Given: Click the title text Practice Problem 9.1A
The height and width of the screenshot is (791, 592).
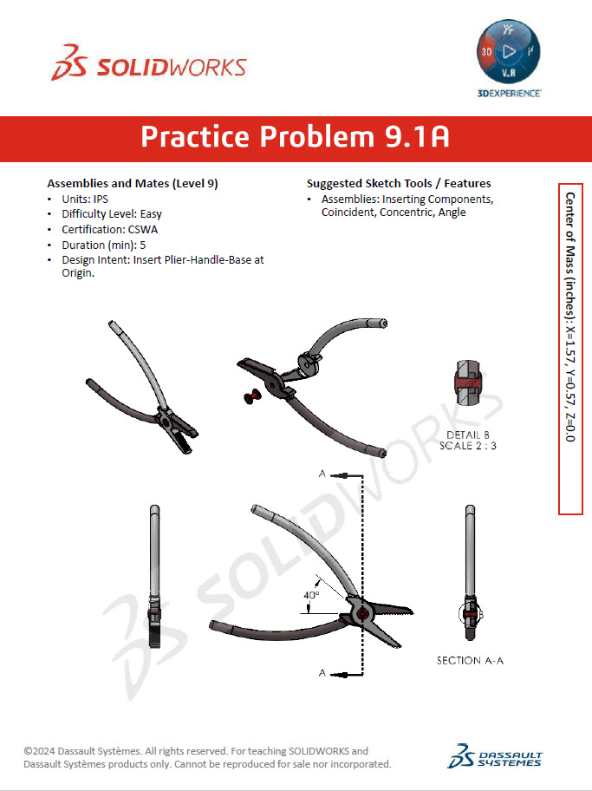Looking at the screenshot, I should [x=295, y=137].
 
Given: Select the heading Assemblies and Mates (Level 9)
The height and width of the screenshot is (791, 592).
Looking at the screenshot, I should [x=133, y=184].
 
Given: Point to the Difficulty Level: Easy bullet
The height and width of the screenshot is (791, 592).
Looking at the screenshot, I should [x=111, y=214].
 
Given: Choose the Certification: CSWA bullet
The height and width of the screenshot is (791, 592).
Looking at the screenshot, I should [x=109, y=230].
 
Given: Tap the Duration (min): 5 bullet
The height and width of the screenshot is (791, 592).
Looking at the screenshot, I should [x=103, y=245].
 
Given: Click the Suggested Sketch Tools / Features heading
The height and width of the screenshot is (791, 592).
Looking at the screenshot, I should [x=399, y=184].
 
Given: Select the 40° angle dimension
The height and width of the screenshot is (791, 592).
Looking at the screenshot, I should [x=311, y=595].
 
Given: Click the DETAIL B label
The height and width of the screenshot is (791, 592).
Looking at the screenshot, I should [x=468, y=435].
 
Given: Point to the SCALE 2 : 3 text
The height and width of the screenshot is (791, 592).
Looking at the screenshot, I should [x=468, y=445].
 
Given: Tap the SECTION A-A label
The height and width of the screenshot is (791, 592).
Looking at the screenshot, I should [x=470, y=661].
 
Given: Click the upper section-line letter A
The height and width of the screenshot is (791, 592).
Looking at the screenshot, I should [x=322, y=474].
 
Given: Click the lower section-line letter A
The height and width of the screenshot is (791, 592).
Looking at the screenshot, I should [x=322, y=673].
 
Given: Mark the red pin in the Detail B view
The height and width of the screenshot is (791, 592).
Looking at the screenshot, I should [x=468, y=383].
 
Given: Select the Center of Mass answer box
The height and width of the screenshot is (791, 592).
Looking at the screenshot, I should [x=570, y=349].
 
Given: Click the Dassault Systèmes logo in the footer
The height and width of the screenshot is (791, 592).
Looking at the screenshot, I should [x=495, y=755].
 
